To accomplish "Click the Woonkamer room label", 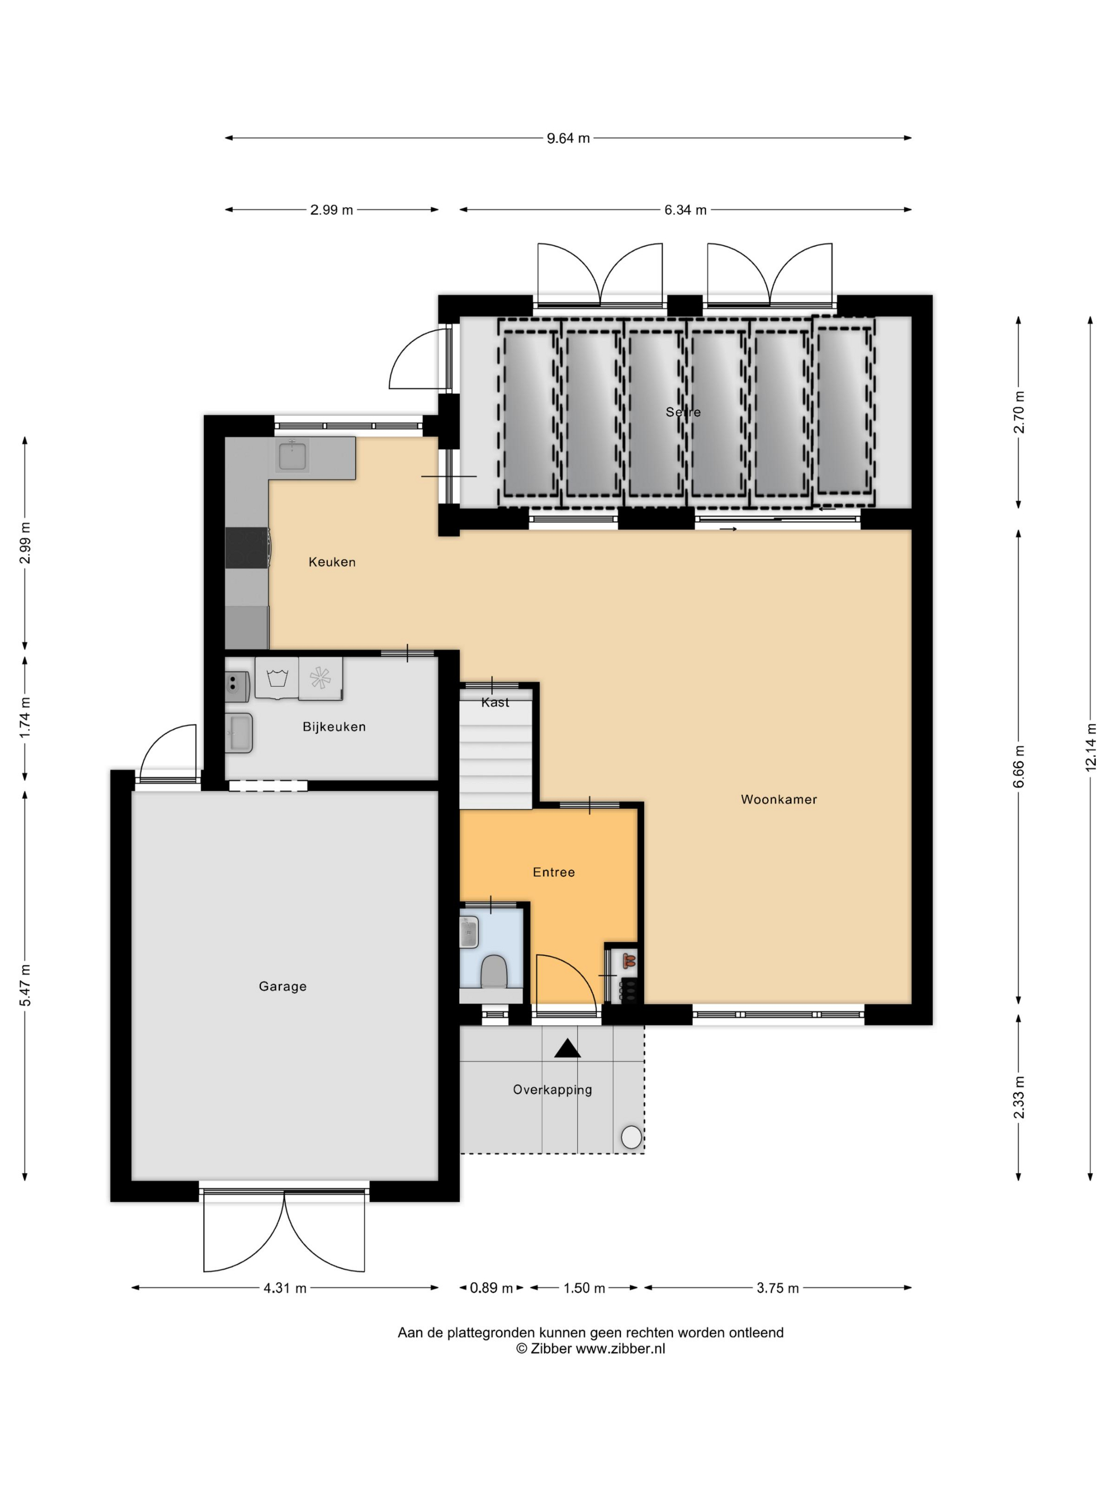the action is tap(778, 799).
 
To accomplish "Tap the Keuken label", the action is tap(332, 562).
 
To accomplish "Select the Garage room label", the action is tap(282, 986).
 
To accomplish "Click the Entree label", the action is tap(554, 872).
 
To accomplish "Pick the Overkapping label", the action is tap(553, 1090).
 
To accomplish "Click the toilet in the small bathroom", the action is tap(494, 971).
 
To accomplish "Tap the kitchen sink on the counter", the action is tap(293, 455).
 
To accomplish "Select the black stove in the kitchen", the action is tap(247, 548).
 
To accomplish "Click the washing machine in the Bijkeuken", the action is tap(277, 678).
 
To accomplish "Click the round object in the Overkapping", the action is tap(631, 1137).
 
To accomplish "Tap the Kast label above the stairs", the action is tap(495, 703).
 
